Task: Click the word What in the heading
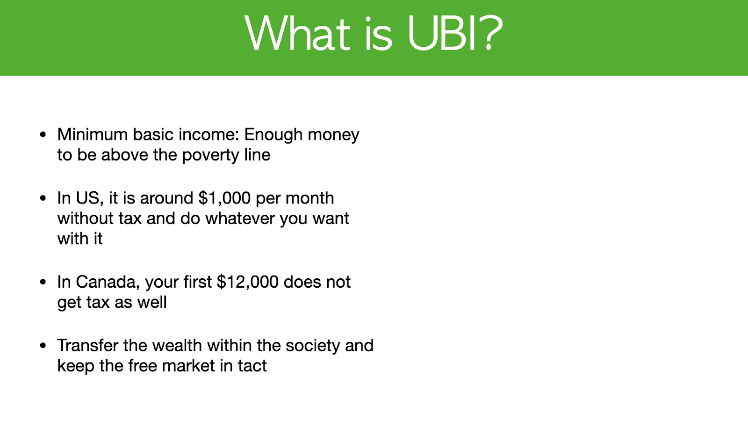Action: [x=297, y=33]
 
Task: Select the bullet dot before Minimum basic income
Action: [x=43, y=135]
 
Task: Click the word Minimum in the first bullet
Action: [x=92, y=134]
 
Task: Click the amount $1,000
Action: [x=224, y=198]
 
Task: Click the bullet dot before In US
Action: [x=43, y=198]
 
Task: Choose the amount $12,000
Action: [x=247, y=282]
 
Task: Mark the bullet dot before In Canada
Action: [x=43, y=282]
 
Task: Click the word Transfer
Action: [x=88, y=345]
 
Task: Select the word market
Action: [x=188, y=365]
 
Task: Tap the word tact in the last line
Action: [x=252, y=365]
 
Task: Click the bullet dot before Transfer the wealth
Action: [x=43, y=346]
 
